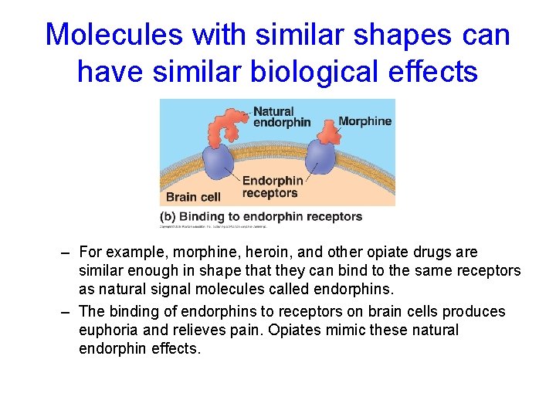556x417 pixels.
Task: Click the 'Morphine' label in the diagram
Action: [364, 121]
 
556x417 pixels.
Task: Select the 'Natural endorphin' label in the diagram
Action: [282, 117]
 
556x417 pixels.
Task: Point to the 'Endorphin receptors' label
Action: [272, 187]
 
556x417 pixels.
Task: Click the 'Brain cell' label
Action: [193, 197]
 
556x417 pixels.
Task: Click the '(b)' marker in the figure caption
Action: [169, 216]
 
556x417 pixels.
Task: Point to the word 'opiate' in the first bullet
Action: [393, 253]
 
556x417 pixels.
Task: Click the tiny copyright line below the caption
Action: [213, 227]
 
